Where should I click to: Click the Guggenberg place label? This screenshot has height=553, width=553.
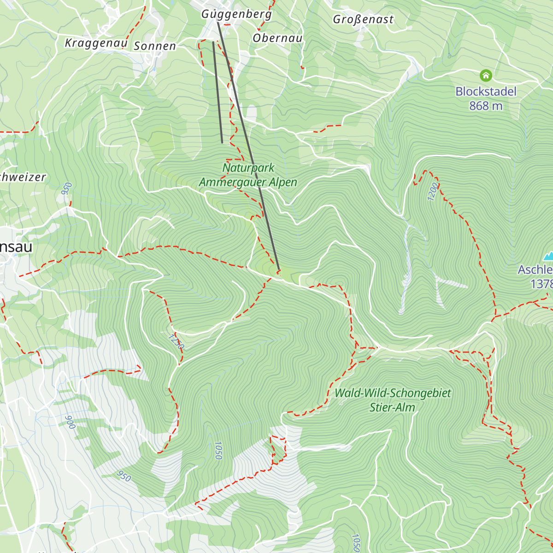click(x=236, y=14)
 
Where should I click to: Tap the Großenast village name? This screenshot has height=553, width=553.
click(x=363, y=19)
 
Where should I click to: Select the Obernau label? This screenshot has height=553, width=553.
click(x=277, y=38)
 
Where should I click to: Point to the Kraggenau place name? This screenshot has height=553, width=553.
click(x=96, y=43)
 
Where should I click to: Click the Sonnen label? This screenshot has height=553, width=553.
click(x=155, y=46)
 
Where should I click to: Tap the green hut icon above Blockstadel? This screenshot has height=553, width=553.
click(x=486, y=75)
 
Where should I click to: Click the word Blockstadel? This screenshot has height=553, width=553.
click(x=486, y=92)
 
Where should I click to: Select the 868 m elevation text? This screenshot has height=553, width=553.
click(x=486, y=106)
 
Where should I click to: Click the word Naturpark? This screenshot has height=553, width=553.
click(x=248, y=168)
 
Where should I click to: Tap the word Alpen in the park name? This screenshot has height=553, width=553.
click(x=282, y=182)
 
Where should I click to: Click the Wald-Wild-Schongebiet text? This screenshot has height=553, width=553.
click(x=393, y=393)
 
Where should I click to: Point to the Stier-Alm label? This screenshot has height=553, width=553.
click(x=392, y=407)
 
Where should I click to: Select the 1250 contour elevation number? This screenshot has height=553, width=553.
click(x=176, y=342)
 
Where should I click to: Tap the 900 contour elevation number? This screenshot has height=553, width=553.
click(x=70, y=422)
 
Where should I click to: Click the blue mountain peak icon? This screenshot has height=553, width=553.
click(x=548, y=256)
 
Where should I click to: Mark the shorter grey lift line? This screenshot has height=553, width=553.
click(x=218, y=92)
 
